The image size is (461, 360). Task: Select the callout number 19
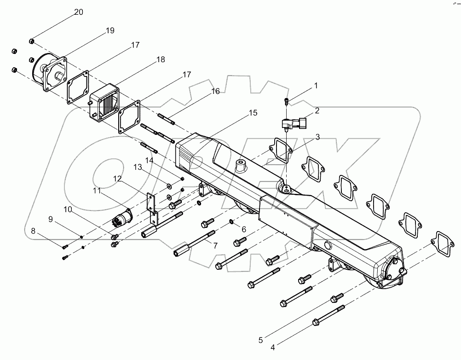click(x=109, y=31)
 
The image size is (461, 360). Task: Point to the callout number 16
click(x=215, y=92)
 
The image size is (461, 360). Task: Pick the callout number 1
click(x=316, y=86)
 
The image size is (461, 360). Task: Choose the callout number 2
click(x=317, y=111)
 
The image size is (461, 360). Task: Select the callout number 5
click(x=260, y=340)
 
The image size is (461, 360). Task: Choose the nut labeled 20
click(x=31, y=41)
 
